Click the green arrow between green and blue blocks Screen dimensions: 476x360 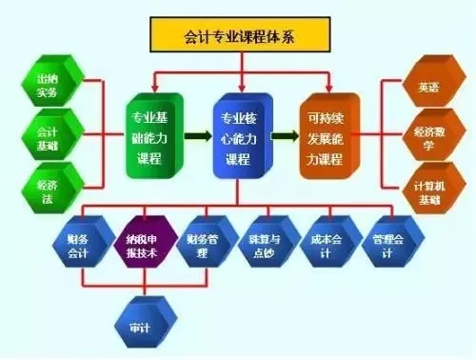tap(197, 135)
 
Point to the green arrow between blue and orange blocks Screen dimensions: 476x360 tap(284, 135)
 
